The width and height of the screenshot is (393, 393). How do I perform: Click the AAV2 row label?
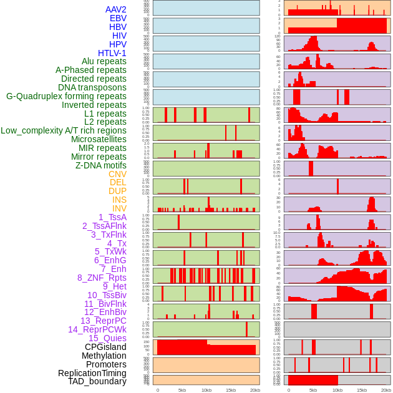(x=115, y=9)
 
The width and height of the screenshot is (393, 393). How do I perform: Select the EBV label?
(x=117, y=18)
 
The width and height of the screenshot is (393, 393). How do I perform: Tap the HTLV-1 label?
(x=112, y=53)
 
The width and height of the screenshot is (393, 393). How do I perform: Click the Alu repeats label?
(x=104, y=61)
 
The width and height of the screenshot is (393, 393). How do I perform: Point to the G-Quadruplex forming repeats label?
(x=66, y=96)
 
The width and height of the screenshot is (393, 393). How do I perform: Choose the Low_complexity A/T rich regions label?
(x=63, y=130)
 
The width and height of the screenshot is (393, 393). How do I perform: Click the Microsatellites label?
(x=99, y=139)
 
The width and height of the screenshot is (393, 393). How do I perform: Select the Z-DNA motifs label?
(x=100, y=165)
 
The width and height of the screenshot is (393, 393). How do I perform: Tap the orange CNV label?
(x=117, y=174)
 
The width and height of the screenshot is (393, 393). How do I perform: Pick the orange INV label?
(x=119, y=208)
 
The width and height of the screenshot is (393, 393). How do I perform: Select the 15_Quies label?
(x=107, y=338)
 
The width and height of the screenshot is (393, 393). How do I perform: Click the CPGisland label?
(x=105, y=347)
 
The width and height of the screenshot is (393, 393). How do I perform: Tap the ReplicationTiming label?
(x=92, y=373)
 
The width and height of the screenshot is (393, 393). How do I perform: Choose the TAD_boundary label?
(x=97, y=381)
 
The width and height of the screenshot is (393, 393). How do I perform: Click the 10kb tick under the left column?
(x=206, y=390)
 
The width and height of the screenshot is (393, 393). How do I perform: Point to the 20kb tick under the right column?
(x=387, y=390)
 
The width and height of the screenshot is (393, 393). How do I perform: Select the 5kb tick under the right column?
(x=313, y=390)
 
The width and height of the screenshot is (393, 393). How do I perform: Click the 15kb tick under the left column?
(x=231, y=390)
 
